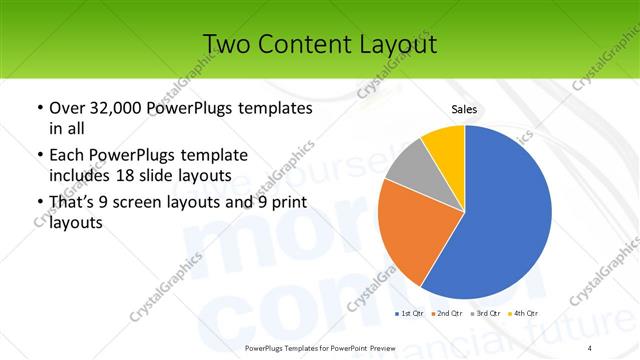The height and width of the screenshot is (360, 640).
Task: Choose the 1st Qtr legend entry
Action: pos(411,315)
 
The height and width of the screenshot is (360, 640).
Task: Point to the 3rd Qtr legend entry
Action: pos(489,315)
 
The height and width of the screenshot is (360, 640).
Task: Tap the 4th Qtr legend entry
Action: pos(527,315)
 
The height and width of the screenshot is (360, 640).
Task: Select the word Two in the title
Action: pos(226,44)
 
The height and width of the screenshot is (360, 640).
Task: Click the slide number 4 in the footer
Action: pos(591,347)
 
